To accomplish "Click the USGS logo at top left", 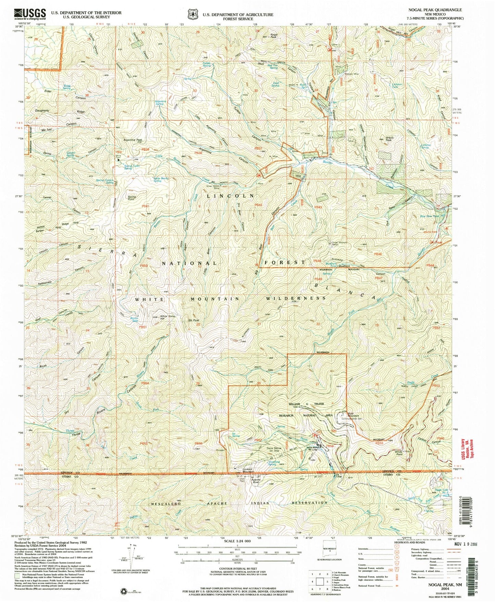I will tap(30, 13).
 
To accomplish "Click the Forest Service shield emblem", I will tap(194, 15).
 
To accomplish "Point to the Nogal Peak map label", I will tap(274, 35).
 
